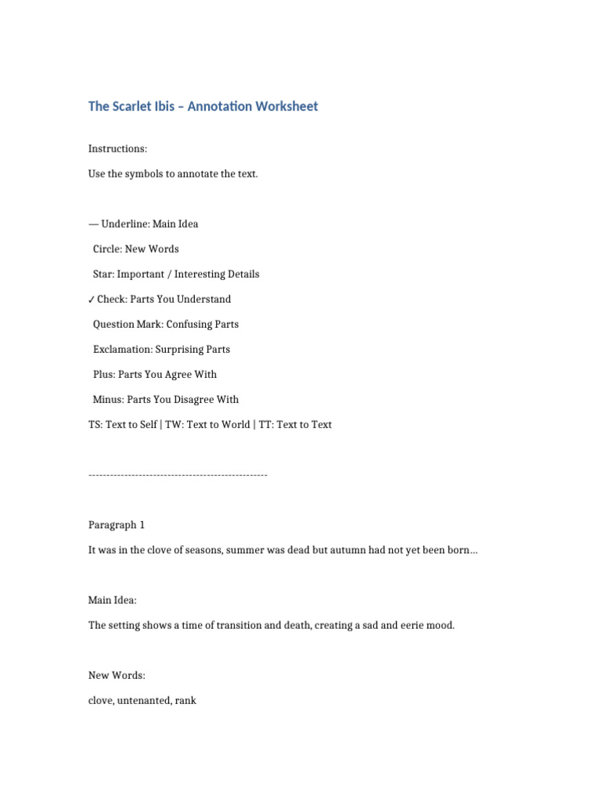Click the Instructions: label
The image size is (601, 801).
117,149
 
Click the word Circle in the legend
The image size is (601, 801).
107,249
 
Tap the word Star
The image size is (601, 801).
103,274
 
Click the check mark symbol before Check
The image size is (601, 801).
92,300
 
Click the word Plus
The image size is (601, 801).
103,374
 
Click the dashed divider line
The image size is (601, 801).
178,475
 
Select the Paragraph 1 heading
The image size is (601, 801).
117,525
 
